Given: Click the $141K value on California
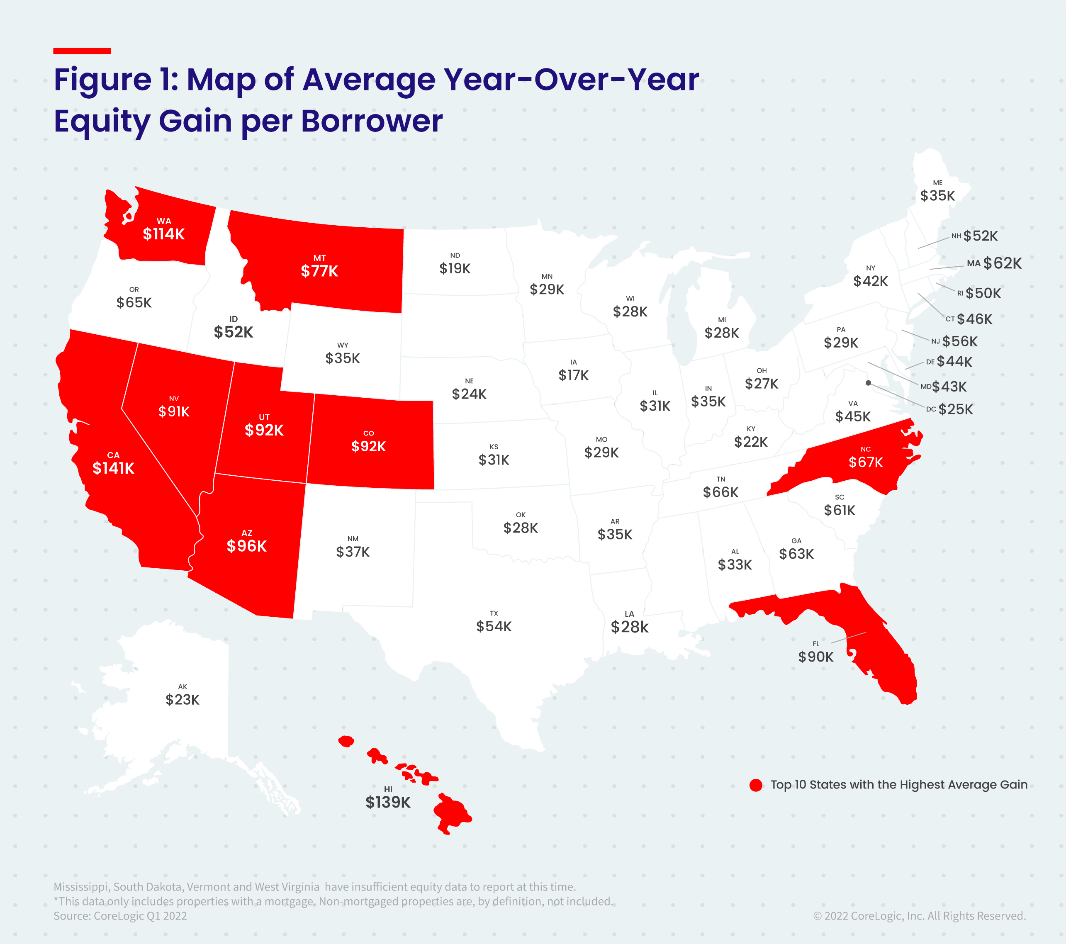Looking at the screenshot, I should coord(113,468).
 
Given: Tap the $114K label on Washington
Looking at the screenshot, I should coord(164,234).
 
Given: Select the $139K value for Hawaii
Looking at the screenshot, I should coord(388,802).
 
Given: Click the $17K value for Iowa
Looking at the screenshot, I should coord(573,375).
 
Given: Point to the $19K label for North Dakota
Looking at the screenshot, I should coord(455,269).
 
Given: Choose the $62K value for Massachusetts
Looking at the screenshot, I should coord(1003,263).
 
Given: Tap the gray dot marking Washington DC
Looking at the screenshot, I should coord(868,383).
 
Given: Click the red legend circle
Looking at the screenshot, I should coord(756,785).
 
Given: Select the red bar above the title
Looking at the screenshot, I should coord(82,51).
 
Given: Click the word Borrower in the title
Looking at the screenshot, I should coord(372,121).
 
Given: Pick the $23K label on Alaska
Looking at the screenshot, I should coord(183,700).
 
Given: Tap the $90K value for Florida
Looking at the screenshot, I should coord(815,657).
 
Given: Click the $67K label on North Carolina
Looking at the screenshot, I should coord(866,462).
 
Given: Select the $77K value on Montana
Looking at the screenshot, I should coord(319,271).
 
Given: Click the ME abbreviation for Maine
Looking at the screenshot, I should coord(938,183).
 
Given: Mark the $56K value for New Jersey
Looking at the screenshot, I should coord(960,342).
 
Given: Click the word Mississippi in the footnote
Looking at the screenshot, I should coord(81,887).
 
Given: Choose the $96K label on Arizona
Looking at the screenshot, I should coord(247,546).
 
